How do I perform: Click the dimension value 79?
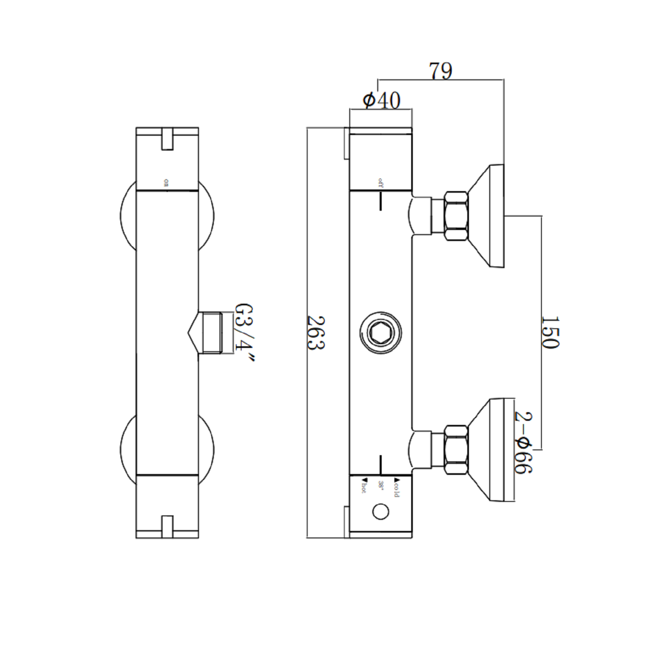click(440, 71)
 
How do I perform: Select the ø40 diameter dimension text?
click(381, 100)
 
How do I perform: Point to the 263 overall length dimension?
click(316, 333)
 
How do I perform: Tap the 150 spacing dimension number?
click(550, 333)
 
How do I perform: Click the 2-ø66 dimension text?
click(523, 442)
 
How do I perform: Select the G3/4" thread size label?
click(244, 333)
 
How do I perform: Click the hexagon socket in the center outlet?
click(380, 333)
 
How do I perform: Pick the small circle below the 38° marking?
click(381, 512)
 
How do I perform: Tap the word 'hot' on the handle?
click(363, 486)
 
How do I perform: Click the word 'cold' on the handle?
click(396, 487)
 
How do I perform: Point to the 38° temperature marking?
click(381, 486)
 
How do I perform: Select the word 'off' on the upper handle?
click(381, 182)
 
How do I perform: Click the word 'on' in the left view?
click(166, 183)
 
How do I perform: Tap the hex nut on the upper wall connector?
click(456, 216)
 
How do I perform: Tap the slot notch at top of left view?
click(167, 139)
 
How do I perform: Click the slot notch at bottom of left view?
click(167, 526)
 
